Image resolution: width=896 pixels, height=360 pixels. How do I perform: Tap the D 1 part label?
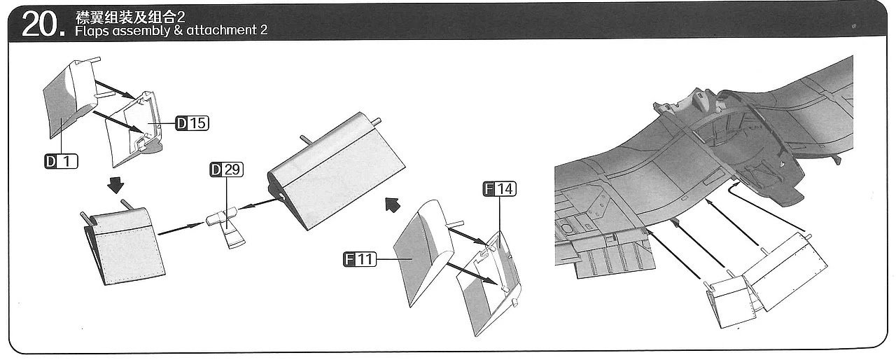click(x=61, y=162)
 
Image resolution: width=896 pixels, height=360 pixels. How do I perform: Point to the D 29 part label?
click(x=226, y=169)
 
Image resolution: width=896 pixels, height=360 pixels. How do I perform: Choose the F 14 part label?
click(x=499, y=188)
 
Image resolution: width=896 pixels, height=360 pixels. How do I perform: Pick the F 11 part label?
click(x=360, y=260)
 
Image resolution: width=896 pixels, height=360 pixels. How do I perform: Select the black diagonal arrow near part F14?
click(x=393, y=205)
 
